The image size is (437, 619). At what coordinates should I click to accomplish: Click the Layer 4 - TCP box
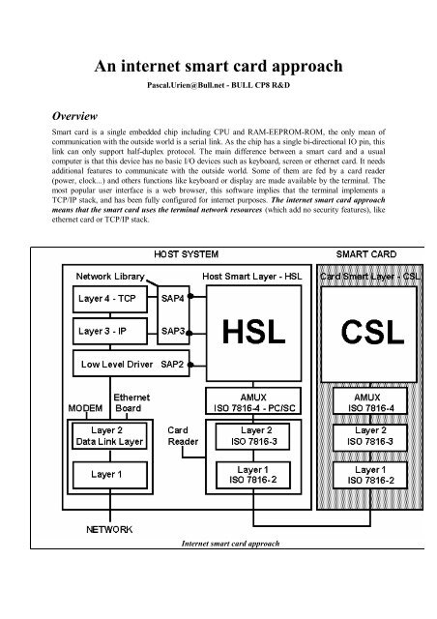pyautogui.click(x=108, y=299)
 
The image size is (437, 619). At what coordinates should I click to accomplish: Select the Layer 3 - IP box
pyautogui.click(x=108, y=331)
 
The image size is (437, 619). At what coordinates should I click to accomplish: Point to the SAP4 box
pyautogui.click(x=174, y=299)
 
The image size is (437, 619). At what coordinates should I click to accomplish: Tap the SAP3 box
pyautogui.click(x=174, y=331)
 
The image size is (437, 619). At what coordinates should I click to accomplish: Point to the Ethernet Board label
pyautogui.click(x=131, y=401)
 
